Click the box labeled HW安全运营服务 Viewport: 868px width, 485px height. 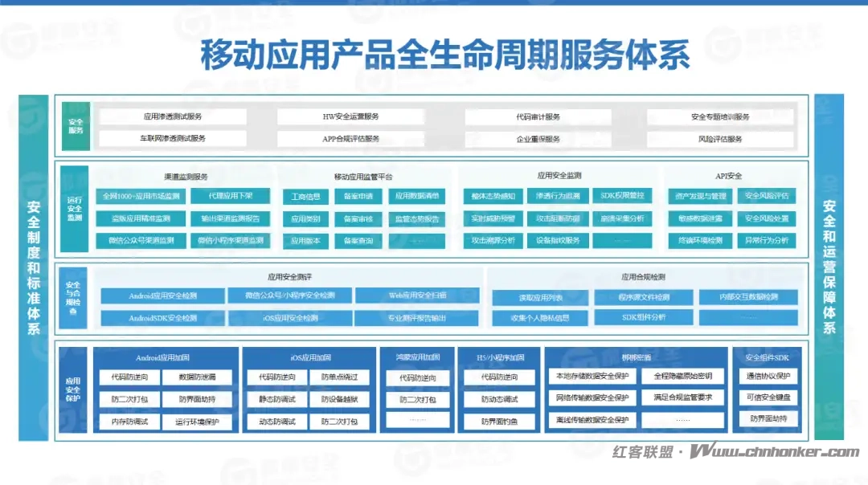coord(350,117)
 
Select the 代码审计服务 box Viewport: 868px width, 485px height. coord(538,117)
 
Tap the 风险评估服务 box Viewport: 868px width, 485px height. coord(720,139)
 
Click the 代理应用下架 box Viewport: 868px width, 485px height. coord(231,196)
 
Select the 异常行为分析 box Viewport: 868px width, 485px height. coord(766,240)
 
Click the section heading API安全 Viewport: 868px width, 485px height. coord(728,176)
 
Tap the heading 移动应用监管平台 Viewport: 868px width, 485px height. coord(363,176)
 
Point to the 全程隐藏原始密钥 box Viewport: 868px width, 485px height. coord(682,376)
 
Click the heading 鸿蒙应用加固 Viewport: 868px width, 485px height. coord(418,357)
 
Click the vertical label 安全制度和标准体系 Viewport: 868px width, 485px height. coord(34,267)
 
